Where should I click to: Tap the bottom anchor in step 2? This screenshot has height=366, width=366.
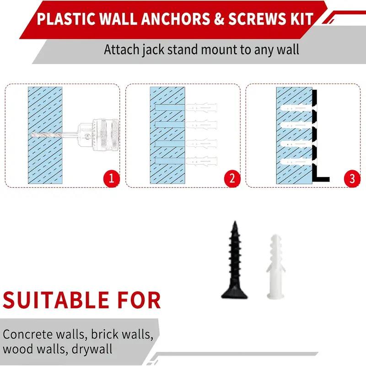201,161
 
